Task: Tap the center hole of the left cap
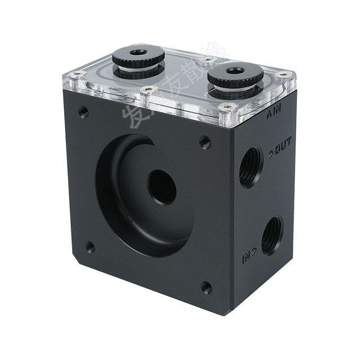(139, 53)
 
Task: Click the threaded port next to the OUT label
(250, 167)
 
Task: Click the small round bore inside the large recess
(161, 187)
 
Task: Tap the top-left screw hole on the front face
(83, 111)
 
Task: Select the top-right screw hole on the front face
(205, 142)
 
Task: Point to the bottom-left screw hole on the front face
(89, 246)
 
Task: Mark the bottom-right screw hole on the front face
(206, 287)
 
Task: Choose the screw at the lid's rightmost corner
(285, 75)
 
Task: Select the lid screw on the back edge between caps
(206, 59)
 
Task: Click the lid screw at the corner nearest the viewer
(227, 107)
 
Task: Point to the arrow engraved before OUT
(270, 152)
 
